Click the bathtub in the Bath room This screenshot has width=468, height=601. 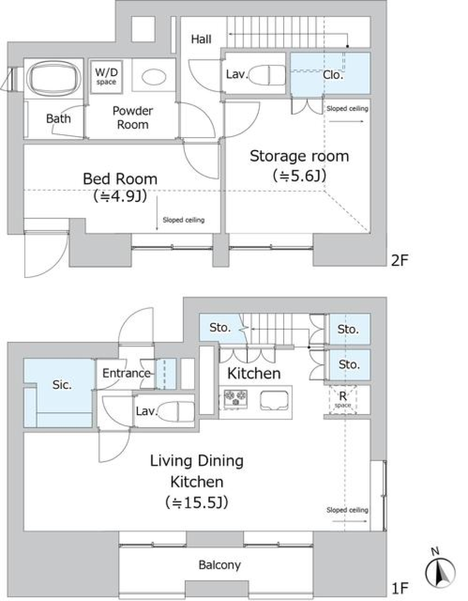click(55, 78)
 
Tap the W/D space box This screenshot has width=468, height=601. click(106, 77)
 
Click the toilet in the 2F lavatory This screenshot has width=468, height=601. click(267, 75)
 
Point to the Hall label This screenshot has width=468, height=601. click(201, 40)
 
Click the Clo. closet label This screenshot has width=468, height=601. click(333, 75)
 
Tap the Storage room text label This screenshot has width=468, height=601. click(299, 156)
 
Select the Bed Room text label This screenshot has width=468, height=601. click(120, 179)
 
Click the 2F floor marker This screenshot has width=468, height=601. click(399, 260)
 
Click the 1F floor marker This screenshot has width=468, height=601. click(400, 588)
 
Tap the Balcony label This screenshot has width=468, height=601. click(220, 565)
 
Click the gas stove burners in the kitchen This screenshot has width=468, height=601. click(235, 399)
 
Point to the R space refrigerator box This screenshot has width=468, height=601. click(343, 400)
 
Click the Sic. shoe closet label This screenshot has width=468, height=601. click(62, 385)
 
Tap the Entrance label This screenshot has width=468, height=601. click(127, 373)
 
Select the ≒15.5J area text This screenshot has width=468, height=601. click(196, 502)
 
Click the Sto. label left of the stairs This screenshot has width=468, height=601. click(220, 328)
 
